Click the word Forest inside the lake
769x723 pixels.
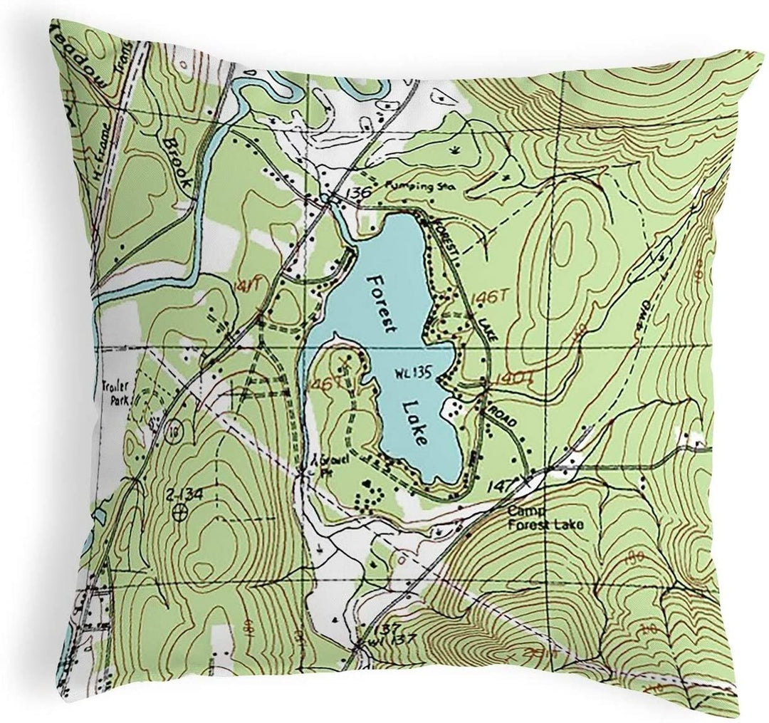coord(379,302)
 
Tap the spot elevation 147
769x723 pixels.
coord(503,486)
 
